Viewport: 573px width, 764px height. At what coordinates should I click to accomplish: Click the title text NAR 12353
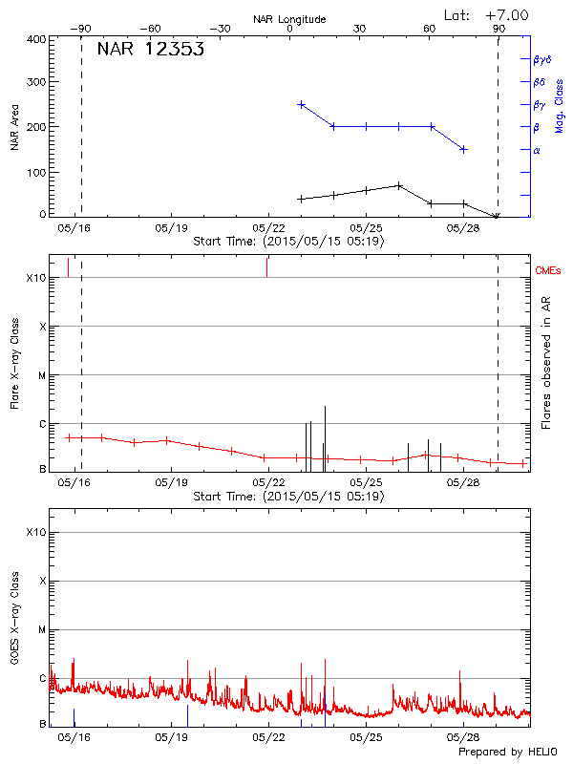click(150, 51)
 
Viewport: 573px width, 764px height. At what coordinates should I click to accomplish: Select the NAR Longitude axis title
click(289, 19)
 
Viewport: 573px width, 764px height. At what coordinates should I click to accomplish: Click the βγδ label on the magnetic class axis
click(542, 59)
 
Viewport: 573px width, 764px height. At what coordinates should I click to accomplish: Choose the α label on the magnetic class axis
click(537, 150)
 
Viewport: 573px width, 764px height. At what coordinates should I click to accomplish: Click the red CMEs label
click(547, 272)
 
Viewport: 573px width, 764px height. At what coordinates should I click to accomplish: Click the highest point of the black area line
click(399, 185)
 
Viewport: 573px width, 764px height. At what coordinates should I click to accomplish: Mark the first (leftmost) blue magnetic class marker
click(301, 104)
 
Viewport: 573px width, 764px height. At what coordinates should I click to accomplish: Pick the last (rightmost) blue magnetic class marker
click(463, 149)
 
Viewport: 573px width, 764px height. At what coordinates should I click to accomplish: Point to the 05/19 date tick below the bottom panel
click(172, 737)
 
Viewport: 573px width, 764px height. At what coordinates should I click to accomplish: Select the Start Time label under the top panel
click(288, 241)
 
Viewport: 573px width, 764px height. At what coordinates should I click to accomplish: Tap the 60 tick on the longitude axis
click(430, 29)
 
